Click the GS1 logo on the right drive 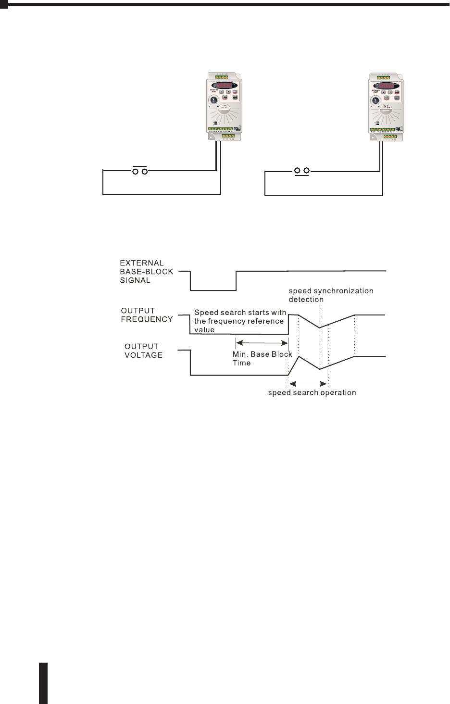click(399, 128)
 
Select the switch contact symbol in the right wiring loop click(302, 171)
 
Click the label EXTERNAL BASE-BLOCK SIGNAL click(146, 272)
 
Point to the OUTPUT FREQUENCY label click(147, 315)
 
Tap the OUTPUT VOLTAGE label click(144, 351)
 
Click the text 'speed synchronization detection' click(331, 295)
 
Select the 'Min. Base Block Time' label click(262, 359)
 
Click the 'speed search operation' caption click(312, 393)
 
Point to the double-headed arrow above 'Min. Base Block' click(262, 343)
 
